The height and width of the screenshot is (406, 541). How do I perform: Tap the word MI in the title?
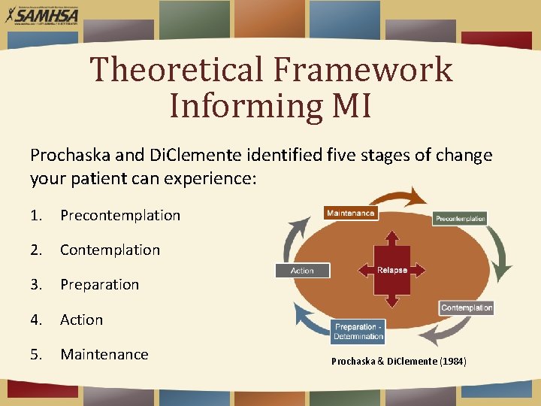pos(352,105)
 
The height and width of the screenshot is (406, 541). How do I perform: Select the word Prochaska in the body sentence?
pos(66,156)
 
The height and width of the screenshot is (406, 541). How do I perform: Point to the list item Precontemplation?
pos(120,215)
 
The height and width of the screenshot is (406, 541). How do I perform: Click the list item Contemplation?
pos(110,250)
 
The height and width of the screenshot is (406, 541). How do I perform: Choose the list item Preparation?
pos(99,284)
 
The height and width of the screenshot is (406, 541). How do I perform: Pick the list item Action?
pos(81,320)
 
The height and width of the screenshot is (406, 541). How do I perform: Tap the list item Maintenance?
pos(104,354)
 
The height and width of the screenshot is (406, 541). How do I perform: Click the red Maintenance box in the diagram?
pos(350,214)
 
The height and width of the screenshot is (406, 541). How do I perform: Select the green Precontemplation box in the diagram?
pos(460,219)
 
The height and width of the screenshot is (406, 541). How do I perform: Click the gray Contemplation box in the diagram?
pos(467,308)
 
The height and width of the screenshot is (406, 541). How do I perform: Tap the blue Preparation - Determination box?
pos(358,332)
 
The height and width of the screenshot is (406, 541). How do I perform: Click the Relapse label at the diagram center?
pos(392,270)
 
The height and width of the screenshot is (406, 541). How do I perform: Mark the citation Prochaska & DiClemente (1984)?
pos(398,362)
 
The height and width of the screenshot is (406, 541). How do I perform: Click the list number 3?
pos(35,284)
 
